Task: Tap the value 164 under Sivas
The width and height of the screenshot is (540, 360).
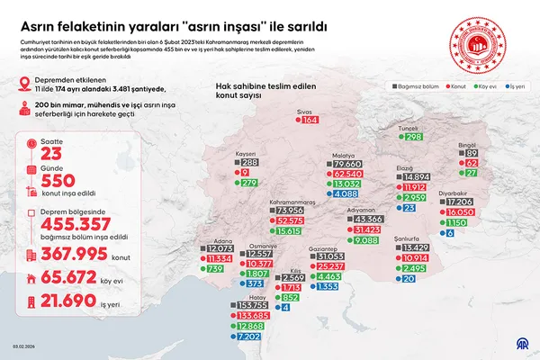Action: (311, 120)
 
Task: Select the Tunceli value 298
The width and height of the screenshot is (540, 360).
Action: (414, 137)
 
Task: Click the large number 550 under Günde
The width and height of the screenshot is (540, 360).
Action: (60, 181)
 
